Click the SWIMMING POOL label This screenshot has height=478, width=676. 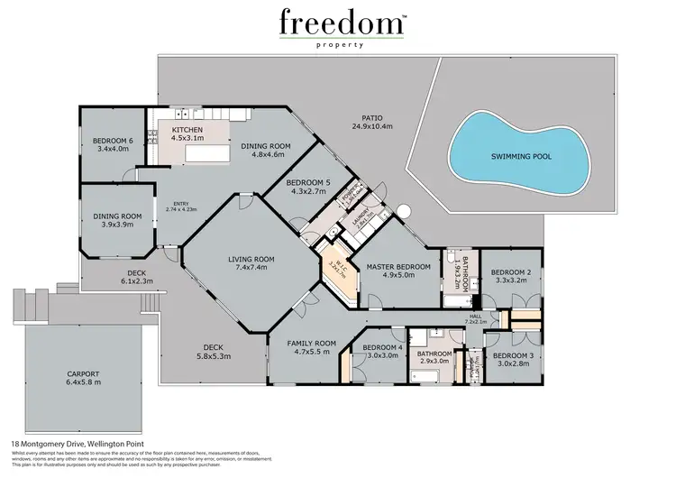point(521,156)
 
